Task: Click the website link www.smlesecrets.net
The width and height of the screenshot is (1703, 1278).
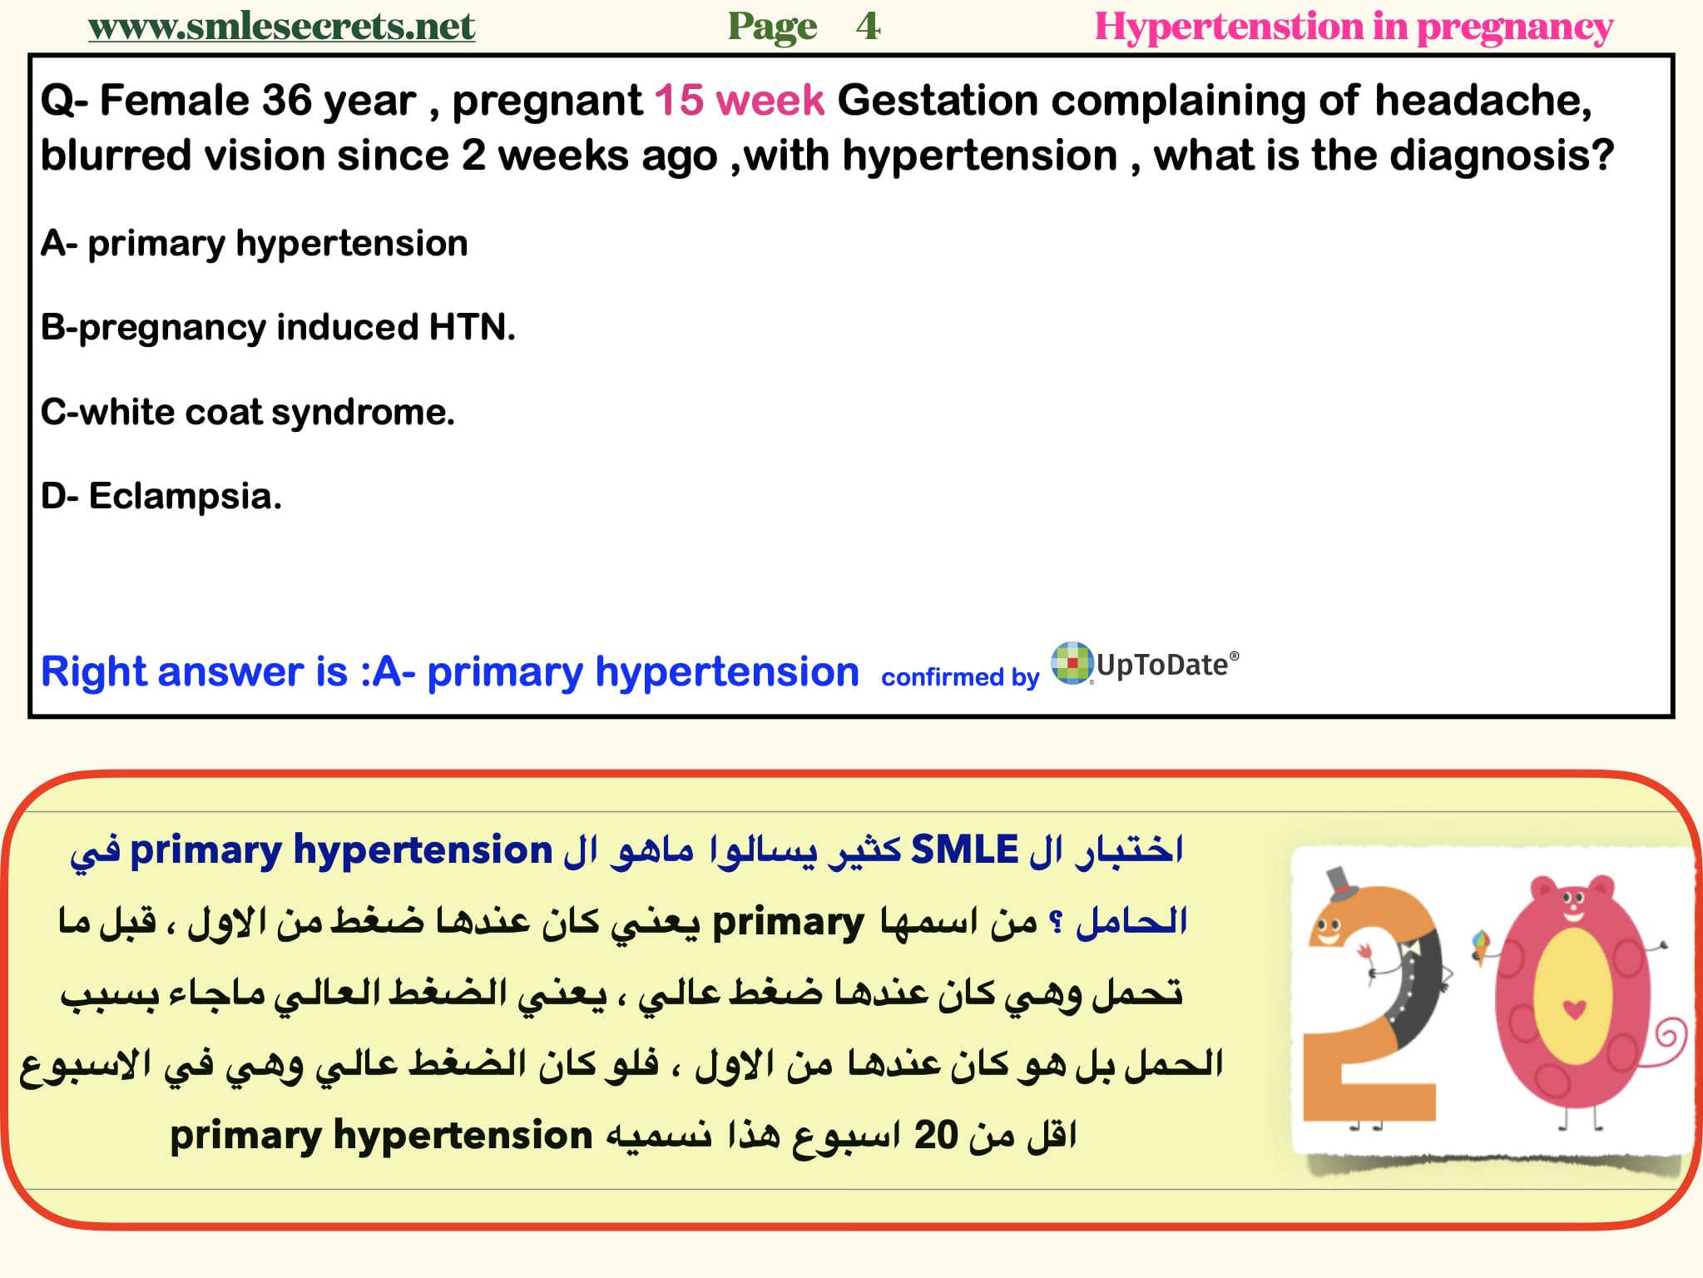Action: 281,27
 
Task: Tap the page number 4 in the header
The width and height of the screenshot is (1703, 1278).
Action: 868,27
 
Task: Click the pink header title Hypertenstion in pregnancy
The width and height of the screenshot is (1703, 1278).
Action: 1353,27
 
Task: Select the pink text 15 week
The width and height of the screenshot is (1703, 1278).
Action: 739,101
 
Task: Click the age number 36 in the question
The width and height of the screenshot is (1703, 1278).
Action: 286,101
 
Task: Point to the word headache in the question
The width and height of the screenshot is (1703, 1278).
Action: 1482,101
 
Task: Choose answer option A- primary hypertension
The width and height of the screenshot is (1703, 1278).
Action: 255,244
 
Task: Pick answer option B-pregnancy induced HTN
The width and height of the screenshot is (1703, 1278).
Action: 278,328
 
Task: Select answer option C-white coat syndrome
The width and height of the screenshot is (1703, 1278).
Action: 248,412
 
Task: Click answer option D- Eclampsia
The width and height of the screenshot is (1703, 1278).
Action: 161,496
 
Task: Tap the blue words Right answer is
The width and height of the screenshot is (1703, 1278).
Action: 194,671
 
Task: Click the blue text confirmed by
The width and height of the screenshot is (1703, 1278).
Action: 960,677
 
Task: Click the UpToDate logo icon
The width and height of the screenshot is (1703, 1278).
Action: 1072,663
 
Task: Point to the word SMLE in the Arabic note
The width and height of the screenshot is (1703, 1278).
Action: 964,850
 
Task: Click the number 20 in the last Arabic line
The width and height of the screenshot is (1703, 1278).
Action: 936,1135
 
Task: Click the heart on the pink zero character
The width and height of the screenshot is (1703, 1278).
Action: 1574,1009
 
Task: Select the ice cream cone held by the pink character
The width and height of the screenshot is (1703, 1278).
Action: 1481,946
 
